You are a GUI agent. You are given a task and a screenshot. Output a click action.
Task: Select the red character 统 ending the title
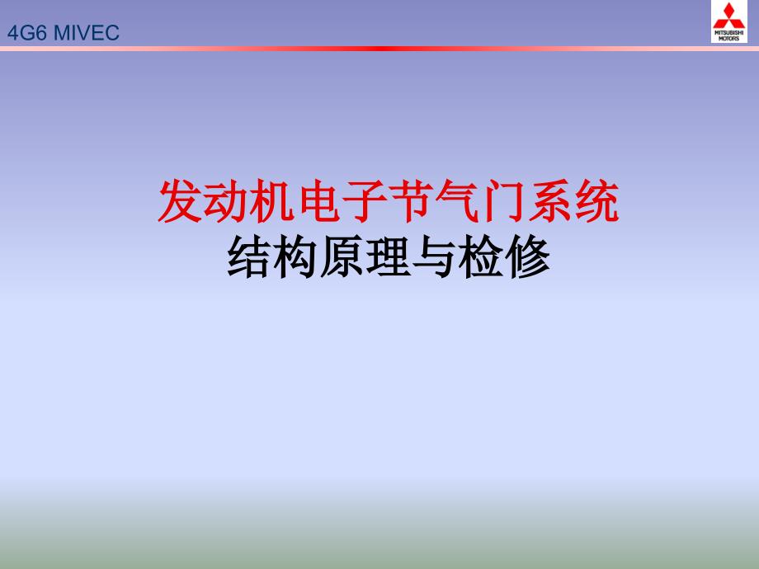(596, 203)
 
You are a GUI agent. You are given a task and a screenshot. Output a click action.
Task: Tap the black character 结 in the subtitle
(248, 257)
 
